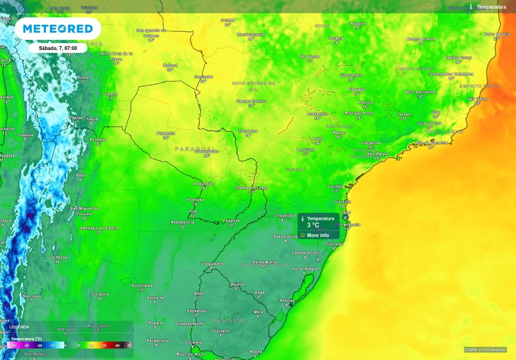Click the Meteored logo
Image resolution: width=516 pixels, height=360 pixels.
pyautogui.click(x=58, y=29)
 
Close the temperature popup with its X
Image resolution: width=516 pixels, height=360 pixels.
pyautogui.click(x=345, y=218)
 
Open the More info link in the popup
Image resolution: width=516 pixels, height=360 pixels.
pyautogui.click(x=317, y=235)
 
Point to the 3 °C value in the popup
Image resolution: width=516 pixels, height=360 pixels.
pyautogui.click(x=313, y=225)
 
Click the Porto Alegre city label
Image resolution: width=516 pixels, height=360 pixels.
pyautogui.click(x=305, y=268)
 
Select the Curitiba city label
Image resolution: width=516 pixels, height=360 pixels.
pyautogui.click(x=337, y=186)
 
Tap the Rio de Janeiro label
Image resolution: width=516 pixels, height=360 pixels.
pyautogui.click(x=425, y=143)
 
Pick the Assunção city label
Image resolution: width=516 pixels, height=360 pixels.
pyautogui.click(x=204, y=184)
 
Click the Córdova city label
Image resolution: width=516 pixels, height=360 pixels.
pyautogui.click(x=100, y=294)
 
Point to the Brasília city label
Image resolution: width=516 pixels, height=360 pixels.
pyautogui.click(x=357, y=23)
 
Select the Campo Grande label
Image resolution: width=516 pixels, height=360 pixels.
pyautogui.click(x=251, y=101)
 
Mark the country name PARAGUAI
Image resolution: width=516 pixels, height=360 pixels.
pyautogui.click(x=195, y=149)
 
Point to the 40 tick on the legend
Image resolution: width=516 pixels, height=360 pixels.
pyautogui.click(x=117, y=345)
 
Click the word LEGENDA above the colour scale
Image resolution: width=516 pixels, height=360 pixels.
pyautogui.click(x=19, y=327)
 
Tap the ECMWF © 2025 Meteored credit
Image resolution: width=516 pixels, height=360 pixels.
pyautogui.click(x=485, y=349)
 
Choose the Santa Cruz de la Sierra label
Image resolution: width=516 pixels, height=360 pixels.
pyautogui.click(x=116, y=55)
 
